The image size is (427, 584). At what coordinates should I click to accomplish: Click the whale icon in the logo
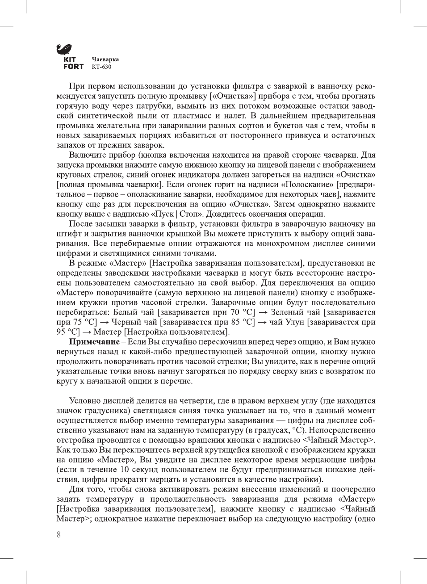click(64, 49)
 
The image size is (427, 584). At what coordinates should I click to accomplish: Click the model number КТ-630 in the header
click(101, 67)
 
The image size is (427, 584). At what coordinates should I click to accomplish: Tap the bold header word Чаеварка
click(105, 59)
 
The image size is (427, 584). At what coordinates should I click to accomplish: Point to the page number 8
click(59, 534)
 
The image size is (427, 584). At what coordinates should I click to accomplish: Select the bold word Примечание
click(94, 342)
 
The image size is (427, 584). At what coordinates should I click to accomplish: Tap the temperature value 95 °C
click(68, 332)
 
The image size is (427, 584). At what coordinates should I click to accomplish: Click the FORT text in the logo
click(73, 67)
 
